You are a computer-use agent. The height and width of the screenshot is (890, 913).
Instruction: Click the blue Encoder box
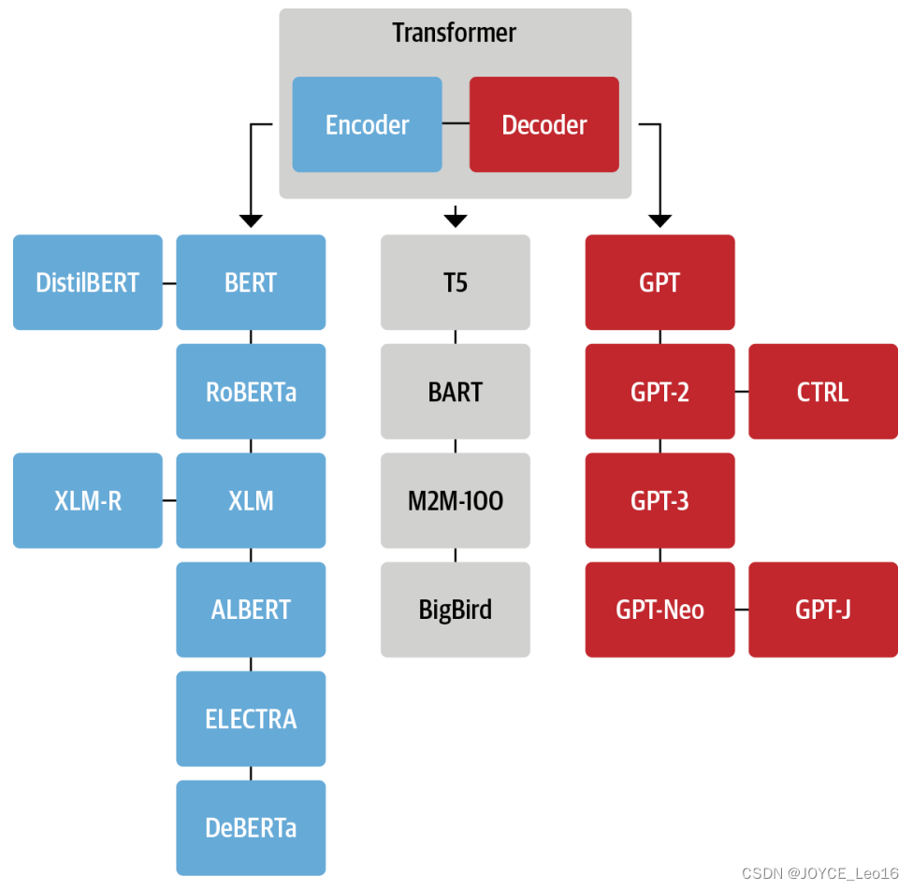(367, 124)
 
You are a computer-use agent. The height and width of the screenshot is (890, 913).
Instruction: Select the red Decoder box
(543, 124)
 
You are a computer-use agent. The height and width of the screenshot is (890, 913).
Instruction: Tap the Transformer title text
(455, 33)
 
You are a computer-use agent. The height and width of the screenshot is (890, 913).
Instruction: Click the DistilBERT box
(87, 282)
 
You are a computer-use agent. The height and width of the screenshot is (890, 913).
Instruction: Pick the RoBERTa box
(251, 392)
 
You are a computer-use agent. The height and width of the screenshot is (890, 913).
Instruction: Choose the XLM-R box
(87, 501)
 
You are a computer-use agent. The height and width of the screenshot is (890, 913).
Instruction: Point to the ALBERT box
(251, 610)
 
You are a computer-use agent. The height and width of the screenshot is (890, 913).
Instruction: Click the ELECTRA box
(251, 719)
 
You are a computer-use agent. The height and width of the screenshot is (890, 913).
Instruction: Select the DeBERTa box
(251, 828)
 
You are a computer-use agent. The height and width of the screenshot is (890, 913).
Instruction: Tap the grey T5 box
(455, 282)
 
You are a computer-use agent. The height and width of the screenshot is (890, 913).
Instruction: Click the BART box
(455, 392)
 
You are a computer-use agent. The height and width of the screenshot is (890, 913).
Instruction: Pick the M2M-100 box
(455, 501)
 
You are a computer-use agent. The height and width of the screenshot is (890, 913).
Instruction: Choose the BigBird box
(455, 610)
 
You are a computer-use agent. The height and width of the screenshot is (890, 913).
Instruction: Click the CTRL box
(822, 392)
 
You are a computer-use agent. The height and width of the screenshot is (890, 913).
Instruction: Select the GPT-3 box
(659, 501)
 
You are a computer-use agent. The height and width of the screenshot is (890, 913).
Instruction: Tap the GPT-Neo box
(659, 610)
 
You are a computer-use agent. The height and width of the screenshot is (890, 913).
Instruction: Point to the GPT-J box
(822, 610)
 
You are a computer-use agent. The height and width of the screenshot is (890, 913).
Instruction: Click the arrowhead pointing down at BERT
(251, 221)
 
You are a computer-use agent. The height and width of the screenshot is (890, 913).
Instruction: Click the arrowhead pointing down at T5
(455, 221)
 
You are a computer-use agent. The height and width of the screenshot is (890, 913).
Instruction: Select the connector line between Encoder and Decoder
(456, 124)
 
